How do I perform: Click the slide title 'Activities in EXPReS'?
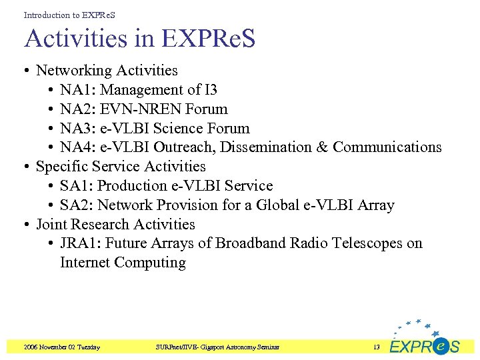[x=140, y=39]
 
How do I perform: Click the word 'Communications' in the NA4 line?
[x=387, y=147]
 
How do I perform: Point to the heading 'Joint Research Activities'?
[x=115, y=225]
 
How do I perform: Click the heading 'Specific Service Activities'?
[x=121, y=167]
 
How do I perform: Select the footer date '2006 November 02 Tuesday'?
[x=61, y=347]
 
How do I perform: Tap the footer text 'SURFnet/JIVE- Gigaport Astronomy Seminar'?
[x=217, y=347]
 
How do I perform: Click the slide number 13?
[x=376, y=347]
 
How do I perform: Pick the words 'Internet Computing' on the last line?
[x=123, y=263]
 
